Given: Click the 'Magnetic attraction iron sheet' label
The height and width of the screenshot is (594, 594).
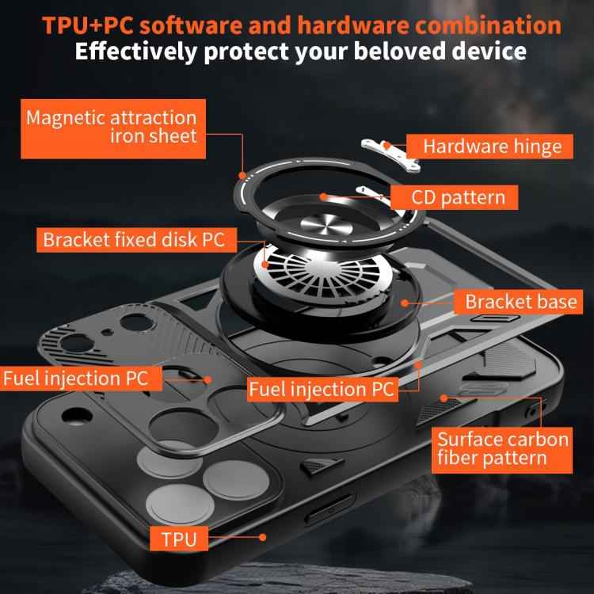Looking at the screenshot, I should click(x=111, y=127).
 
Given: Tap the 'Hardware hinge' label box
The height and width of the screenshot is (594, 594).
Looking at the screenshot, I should click(x=491, y=146).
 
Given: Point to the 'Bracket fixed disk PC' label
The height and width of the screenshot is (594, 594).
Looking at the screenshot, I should click(x=133, y=239).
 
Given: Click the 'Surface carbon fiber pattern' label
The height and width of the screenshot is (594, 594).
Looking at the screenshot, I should click(x=503, y=448).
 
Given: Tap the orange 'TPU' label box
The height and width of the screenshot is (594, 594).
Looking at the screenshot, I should click(x=178, y=541).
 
